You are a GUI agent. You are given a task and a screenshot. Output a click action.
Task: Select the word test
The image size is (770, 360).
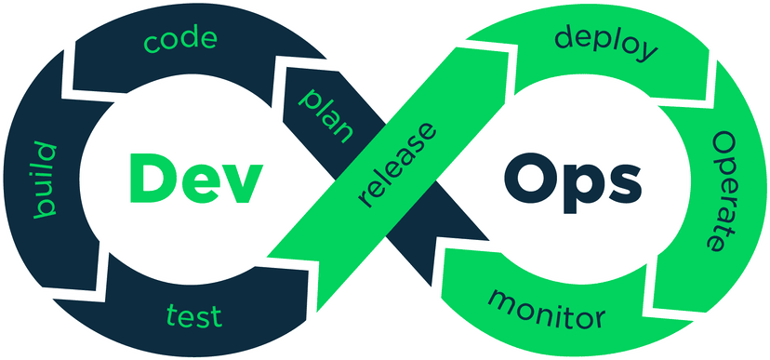pyautogui.click(x=193, y=314)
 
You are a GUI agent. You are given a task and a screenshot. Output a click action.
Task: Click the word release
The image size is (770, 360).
pyautogui.click(x=397, y=164)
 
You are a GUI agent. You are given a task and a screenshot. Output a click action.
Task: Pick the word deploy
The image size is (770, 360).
pyautogui.click(x=605, y=43)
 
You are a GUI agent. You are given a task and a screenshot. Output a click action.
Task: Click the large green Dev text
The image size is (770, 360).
pyautogui.click(x=192, y=180)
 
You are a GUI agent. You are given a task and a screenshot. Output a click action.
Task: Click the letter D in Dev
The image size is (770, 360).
pyautogui.click(x=151, y=179)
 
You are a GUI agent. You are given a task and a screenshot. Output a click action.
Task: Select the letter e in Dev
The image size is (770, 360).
pyautogui.click(x=198, y=184)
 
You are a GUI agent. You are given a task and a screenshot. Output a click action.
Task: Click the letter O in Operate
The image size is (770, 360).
pyautogui.click(x=723, y=145)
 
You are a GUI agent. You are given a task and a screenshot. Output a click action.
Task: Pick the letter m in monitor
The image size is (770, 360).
pyautogui.click(x=502, y=300)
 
